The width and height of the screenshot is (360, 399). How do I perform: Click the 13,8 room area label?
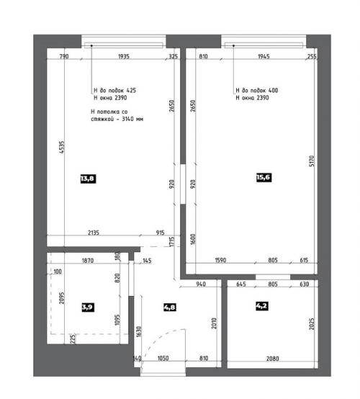pos(86,179)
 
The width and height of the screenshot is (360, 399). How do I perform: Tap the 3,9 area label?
pos(88,306)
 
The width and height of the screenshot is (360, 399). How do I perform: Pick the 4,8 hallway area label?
pos(171,306)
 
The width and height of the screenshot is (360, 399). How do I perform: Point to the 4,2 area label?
pos(263,306)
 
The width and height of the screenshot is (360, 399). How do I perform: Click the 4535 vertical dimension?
pos(62,146)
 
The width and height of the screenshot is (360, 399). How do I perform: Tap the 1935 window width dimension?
pos(123,56)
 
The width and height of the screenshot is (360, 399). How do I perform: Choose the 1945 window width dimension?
pos(264,56)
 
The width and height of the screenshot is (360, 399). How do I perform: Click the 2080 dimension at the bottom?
pos(273,358)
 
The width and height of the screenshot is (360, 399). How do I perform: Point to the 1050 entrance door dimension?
pos(163,358)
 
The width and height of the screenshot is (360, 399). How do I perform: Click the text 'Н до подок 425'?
pos(114,91)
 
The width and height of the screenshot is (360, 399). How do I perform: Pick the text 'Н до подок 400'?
pos(257,91)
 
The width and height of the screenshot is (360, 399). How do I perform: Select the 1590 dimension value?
pos(221,260)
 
